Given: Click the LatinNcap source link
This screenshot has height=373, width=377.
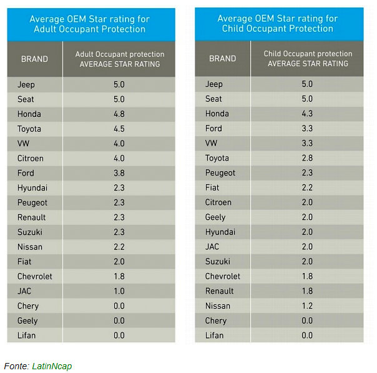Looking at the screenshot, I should click(x=52, y=366).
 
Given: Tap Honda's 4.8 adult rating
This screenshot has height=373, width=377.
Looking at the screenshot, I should click(x=119, y=114).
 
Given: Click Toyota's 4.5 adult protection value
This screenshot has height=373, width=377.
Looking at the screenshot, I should click(x=119, y=129).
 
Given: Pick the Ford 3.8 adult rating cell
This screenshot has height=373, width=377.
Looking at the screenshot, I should click(x=119, y=173).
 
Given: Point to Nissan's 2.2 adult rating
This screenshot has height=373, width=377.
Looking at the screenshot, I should click(x=119, y=247).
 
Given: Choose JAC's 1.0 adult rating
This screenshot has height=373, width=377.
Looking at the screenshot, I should click(x=119, y=291).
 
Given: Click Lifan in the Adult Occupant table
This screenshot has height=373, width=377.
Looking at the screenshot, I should click(x=27, y=336).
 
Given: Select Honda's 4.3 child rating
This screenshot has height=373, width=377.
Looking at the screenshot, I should click(x=306, y=114).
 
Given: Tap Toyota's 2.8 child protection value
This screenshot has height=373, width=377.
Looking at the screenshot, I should click(x=306, y=158).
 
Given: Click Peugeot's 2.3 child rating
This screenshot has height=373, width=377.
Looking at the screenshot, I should click(x=306, y=173).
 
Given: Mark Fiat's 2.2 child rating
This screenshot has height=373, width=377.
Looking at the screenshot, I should click(x=306, y=187).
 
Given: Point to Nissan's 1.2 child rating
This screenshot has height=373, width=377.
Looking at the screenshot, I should click(x=306, y=306).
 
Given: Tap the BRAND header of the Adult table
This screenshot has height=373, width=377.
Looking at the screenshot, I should click(x=34, y=59).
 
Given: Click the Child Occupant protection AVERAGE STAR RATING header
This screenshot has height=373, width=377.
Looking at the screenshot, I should click(x=307, y=59).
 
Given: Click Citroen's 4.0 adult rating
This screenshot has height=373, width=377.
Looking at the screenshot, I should click(x=119, y=158).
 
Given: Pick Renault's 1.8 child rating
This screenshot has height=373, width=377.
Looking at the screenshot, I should click(x=306, y=291).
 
